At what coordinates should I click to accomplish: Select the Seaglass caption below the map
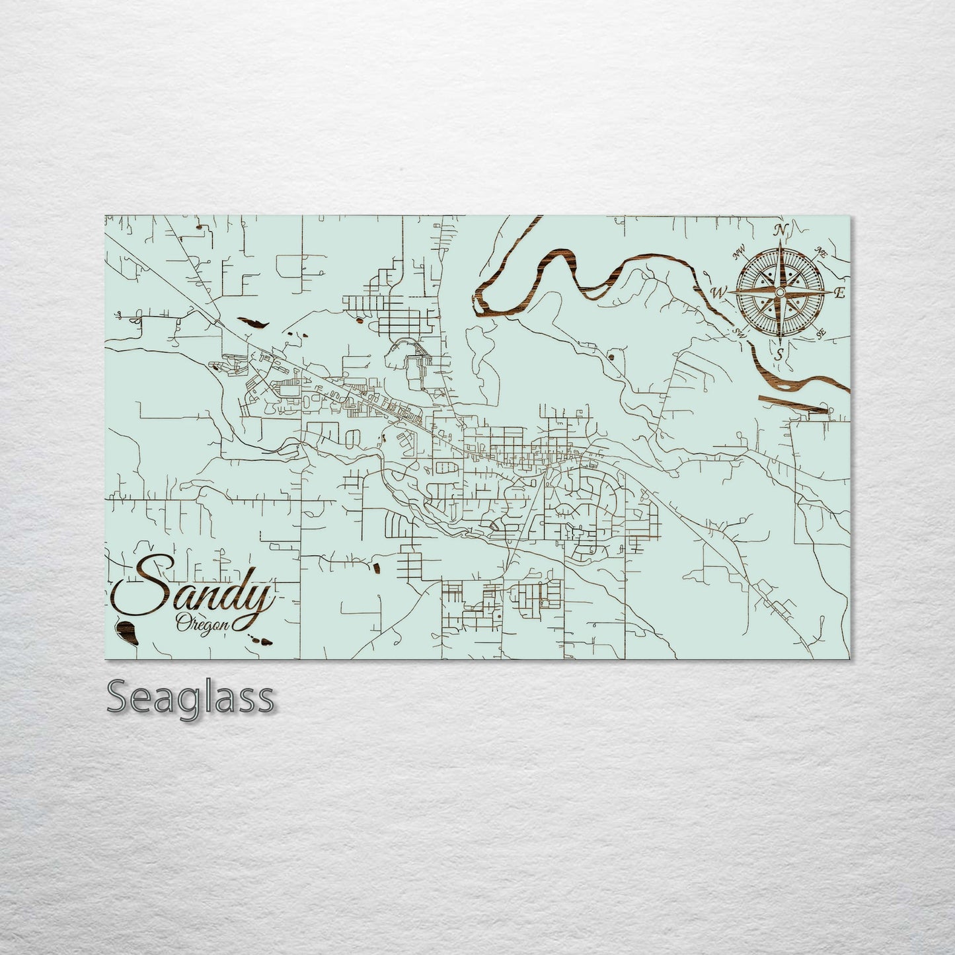pos(190,697)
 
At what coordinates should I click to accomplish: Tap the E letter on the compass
pos(839,294)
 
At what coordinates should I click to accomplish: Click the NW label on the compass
pos(739,250)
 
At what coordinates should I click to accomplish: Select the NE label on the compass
pos(822,252)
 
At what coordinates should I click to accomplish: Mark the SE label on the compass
pos(821,335)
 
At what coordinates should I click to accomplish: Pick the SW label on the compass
pos(740,334)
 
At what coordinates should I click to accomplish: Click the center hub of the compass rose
pos(781,292)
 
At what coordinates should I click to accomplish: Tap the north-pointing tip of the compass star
pos(781,241)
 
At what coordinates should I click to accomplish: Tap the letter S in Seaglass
pos(118,697)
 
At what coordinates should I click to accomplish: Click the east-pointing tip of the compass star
pos(831,292)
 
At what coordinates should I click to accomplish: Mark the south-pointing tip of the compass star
pos(781,343)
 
